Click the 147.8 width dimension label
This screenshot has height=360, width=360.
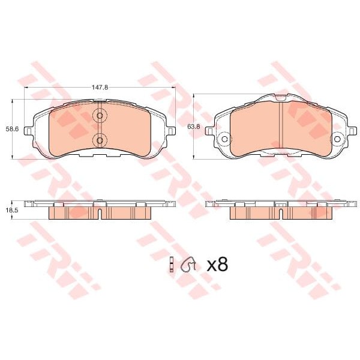click(x=100, y=87)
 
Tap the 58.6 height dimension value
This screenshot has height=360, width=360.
click(x=12, y=129)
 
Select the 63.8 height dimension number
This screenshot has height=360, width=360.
click(x=194, y=127)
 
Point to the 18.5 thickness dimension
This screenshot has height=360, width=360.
click(x=12, y=211)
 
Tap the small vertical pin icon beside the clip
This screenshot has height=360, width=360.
click(x=171, y=264)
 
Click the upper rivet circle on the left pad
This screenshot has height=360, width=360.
click(x=100, y=116)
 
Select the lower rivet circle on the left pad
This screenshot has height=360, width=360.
click(x=100, y=140)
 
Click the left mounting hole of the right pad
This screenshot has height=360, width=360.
click(x=225, y=139)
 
